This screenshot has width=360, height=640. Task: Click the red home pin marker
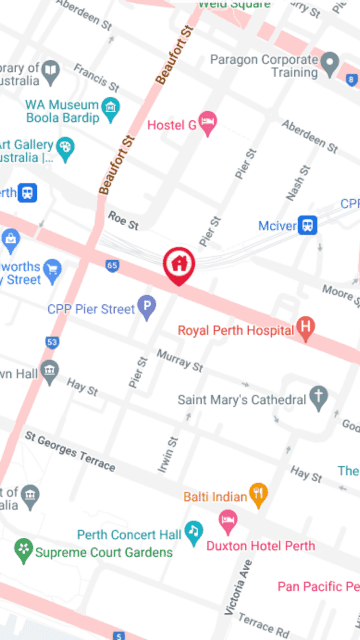(179, 265)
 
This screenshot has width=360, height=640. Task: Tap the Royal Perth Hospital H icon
(306, 327)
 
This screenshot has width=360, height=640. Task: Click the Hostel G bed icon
(208, 124)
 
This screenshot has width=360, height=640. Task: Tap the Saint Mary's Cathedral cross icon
(318, 398)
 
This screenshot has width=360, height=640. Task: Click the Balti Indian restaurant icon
(258, 494)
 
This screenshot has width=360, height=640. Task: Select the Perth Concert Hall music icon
(194, 530)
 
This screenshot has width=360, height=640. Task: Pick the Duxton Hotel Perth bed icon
(228, 520)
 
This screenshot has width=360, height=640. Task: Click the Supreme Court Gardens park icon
(22, 550)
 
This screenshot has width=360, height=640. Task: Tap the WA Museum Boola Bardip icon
(110, 106)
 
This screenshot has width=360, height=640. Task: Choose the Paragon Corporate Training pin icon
(330, 66)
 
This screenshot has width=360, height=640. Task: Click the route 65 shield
(112, 265)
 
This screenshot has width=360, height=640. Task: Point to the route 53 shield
(51, 342)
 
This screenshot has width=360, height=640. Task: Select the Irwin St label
(171, 454)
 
